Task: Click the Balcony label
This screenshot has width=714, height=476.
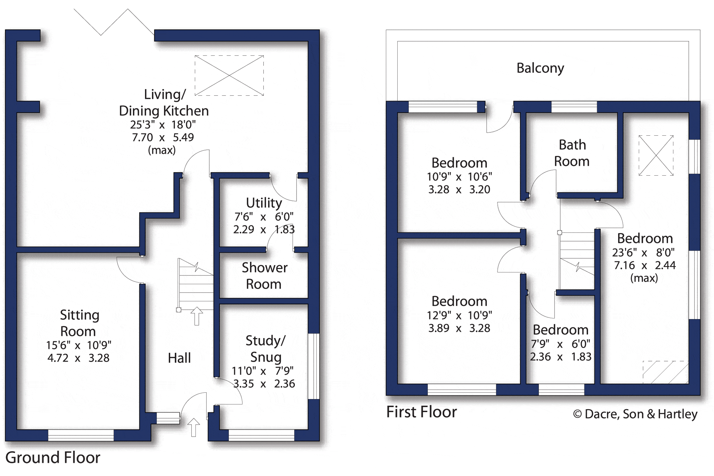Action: click(540, 68)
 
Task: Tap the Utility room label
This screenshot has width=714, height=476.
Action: click(264, 203)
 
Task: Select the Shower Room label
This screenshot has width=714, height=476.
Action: click(264, 276)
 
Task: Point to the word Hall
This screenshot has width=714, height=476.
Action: click(179, 358)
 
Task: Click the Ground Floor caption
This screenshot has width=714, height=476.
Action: click(53, 458)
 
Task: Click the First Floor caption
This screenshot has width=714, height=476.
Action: click(421, 412)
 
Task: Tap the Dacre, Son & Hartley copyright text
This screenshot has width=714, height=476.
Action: click(635, 414)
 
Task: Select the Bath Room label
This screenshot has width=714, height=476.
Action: click(572, 153)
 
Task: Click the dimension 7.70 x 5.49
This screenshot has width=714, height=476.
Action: click(163, 137)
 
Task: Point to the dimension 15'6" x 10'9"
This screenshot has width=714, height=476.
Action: click(79, 345)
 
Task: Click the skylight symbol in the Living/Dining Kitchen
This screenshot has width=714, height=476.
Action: click(229, 76)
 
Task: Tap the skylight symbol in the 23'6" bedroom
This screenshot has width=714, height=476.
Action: click(656, 156)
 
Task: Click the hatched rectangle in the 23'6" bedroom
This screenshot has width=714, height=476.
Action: click(666, 372)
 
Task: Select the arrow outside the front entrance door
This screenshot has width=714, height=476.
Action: click(193, 427)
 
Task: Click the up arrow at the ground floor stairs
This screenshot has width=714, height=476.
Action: click(197, 316)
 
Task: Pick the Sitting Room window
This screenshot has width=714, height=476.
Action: click(81, 435)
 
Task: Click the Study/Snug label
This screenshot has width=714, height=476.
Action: click(266, 349)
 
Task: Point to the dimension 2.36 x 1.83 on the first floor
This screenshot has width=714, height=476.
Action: click(561, 357)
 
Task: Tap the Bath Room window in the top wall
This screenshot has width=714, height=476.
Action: click(574, 107)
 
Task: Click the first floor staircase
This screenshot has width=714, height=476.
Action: click(577, 261)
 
